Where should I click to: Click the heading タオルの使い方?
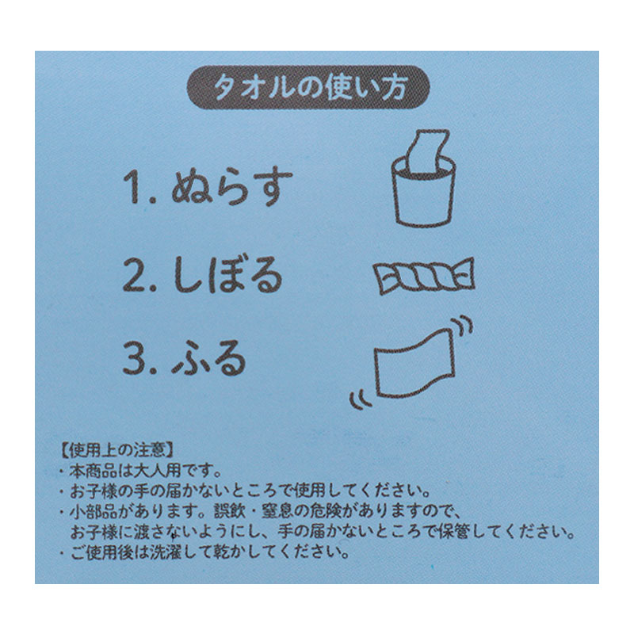click(308, 87)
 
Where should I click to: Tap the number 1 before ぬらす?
click(132, 187)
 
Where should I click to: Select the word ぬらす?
click(231, 187)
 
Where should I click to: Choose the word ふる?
click(209, 358)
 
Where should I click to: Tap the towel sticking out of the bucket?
click(427, 151)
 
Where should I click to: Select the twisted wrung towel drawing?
click(424, 275)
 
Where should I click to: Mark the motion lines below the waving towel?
click(361, 399)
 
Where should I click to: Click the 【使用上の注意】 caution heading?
click(118, 450)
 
